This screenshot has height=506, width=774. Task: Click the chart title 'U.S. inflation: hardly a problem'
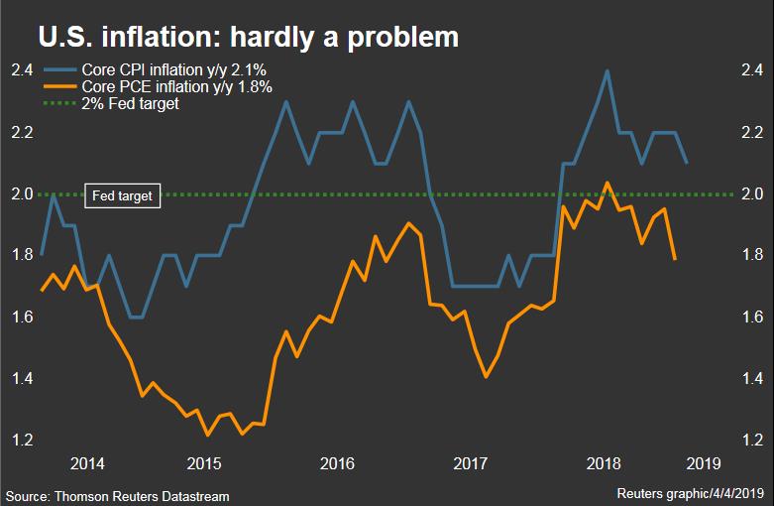coord(248,37)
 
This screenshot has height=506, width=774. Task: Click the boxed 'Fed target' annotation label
coord(122,195)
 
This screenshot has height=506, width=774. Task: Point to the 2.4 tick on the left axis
coord(22,70)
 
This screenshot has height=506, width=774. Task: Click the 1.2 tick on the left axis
coord(22,440)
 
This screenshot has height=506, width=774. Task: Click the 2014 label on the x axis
coord(87,462)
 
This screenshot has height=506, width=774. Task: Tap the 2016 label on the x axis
coord(337,462)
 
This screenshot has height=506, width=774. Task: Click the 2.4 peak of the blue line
coord(607,70)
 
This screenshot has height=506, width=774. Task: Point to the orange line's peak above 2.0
coord(607,183)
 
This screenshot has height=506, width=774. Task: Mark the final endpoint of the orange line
coord(675,259)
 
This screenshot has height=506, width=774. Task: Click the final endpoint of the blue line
coord(687,163)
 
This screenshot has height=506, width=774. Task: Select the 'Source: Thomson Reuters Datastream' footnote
coord(122,494)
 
